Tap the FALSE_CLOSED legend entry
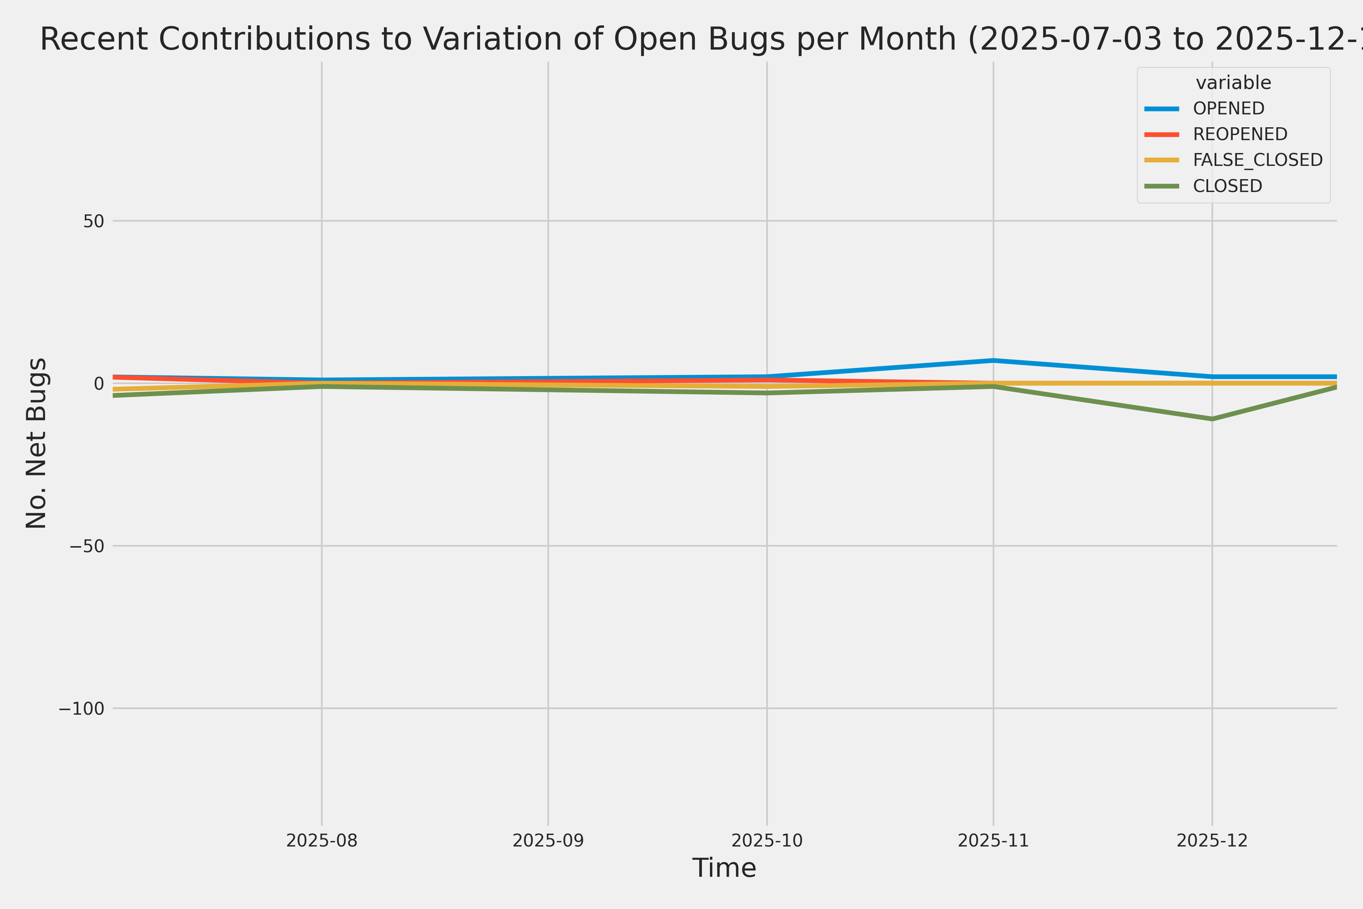pyautogui.click(x=1257, y=160)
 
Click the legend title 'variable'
pyautogui.click(x=1233, y=83)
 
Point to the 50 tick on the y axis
pyautogui.click(x=93, y=221)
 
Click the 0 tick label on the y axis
pyautogui.click(x=98, y=383)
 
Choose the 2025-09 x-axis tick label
pyautogui.click(x=548, y=840)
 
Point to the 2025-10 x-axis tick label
pyautogui.click(x=767, y=840)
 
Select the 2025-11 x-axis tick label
pyautogui.click(x=993, y=840)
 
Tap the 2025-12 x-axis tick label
pyautogui.click(x=1212, y=840)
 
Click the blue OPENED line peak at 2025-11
pyautogui.click(x=993, y=361)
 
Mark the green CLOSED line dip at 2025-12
pyautogui.click(x=1212, y=419)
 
